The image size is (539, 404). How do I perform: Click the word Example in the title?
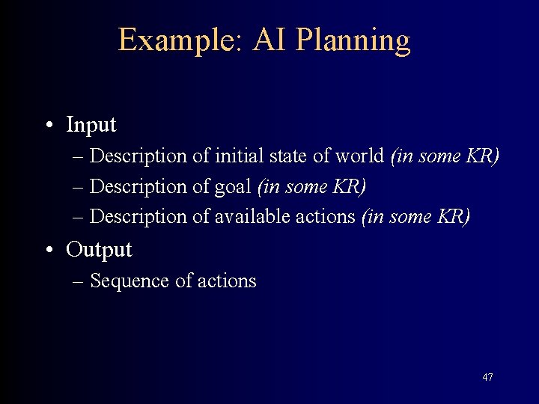coord(175,40)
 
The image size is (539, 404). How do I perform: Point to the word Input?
coord(91,126)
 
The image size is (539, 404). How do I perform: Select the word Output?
coord(99,250)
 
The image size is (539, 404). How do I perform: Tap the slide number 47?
coord(487,377)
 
